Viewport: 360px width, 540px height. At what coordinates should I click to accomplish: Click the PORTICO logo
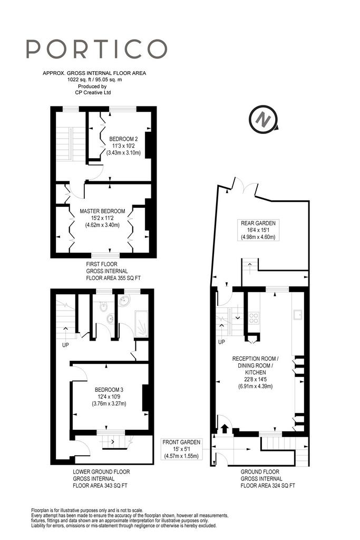pos(96,49)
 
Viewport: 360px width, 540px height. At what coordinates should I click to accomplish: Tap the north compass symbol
pos(264,120)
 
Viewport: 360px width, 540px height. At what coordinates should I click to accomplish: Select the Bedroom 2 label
pos(123,146)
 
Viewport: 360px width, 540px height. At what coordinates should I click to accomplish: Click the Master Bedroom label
pos(102,218)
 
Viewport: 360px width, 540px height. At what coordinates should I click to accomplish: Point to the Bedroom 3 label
pos(109,397)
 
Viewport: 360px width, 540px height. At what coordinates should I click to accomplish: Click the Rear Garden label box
pos(258,230)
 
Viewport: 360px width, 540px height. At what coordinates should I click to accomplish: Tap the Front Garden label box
pos(181,449)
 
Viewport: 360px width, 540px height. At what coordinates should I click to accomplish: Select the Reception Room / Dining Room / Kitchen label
pos(255,372)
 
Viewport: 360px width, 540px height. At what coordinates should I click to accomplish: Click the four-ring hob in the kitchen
pos(254,317)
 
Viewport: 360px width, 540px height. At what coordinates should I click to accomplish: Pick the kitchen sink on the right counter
pos(298,314)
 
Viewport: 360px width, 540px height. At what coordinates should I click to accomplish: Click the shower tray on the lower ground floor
pos(141,323)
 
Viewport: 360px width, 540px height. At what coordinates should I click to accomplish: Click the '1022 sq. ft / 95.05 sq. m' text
pos(94,80)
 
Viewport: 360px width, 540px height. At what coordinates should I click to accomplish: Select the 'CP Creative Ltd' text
pos(93,92)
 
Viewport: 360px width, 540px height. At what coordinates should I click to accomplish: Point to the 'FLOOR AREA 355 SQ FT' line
pos(113,278)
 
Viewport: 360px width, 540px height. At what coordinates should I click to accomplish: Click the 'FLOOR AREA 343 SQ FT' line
pos(100,486)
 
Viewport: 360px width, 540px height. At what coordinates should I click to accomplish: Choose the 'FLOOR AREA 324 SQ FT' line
pos(268,486)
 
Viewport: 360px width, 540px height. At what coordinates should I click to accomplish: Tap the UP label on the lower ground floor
pos(65,345)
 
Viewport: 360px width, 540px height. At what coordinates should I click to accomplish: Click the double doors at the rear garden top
pos(245,187)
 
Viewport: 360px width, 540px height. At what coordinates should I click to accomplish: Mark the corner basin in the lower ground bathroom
pos(124,301)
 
